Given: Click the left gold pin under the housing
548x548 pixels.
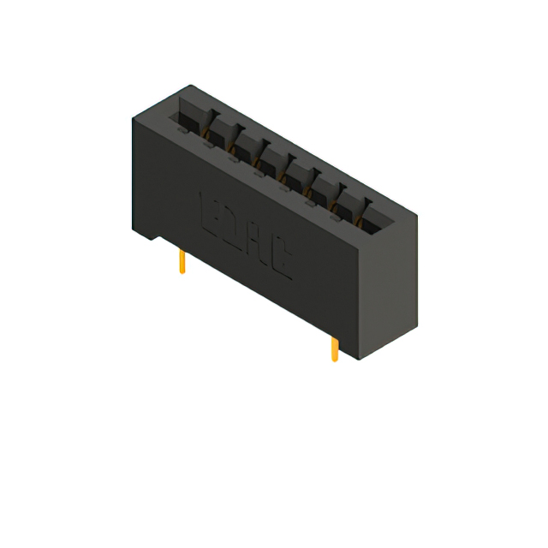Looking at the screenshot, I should [182, 262].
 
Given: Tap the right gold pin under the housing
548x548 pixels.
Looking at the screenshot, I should [334, 348].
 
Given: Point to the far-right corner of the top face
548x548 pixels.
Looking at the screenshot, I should [418, 214].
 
